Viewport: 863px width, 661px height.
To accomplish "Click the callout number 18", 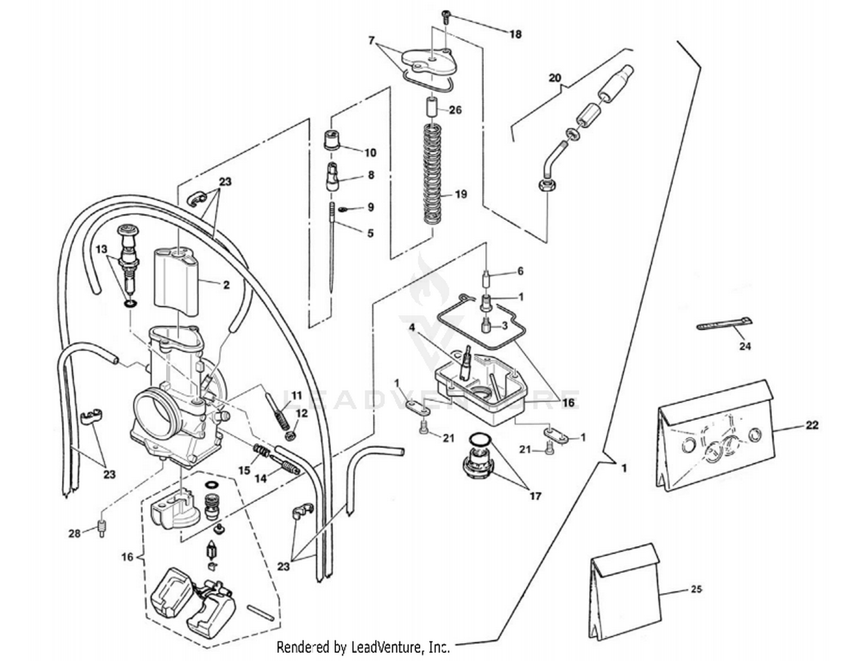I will [x=515, y=35].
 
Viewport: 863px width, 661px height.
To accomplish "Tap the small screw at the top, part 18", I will [x=446, y=16].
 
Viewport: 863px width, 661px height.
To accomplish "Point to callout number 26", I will [x=455, y=109].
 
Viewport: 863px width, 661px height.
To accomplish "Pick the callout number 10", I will [x=370, y=153].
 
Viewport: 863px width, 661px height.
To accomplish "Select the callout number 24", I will [x=744, y=346].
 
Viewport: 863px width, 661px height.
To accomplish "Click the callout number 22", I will [x=812, y=425].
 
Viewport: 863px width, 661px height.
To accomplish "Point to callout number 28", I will [x=74, y=534].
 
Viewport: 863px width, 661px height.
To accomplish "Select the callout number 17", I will [x=535, y=495].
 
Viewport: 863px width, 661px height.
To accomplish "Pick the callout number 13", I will [x=102, y=249].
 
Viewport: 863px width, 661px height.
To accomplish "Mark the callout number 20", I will [x=554, y=78].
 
